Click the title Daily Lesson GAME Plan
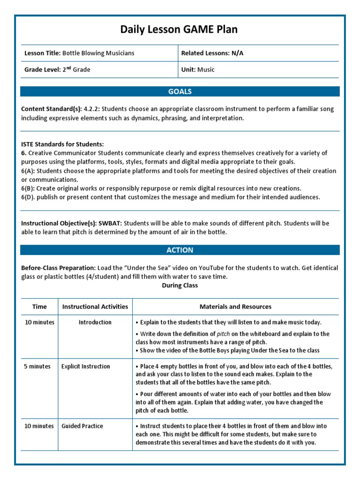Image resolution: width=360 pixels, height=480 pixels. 179,30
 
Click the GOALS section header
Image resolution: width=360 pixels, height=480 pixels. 180,91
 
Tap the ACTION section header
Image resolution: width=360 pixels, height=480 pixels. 180,250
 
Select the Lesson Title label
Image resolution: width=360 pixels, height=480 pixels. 42,53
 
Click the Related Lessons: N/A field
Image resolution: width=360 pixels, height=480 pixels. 212,53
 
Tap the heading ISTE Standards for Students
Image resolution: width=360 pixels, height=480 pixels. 62,144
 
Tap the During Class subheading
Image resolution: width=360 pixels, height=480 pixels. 180,285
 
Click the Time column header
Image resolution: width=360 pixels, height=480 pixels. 39,307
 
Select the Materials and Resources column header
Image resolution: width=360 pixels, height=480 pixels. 235,307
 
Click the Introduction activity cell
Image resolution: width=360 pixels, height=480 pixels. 95,322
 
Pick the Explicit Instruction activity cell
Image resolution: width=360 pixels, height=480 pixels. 86,366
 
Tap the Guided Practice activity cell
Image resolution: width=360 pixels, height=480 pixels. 82,426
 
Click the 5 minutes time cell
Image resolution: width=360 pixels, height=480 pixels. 37,366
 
